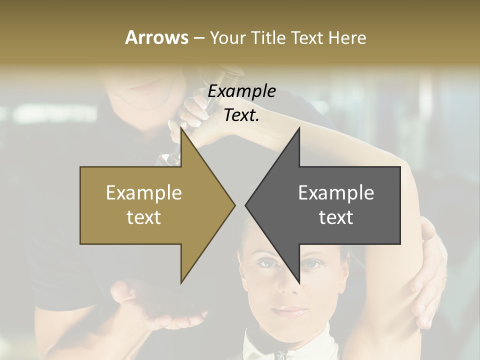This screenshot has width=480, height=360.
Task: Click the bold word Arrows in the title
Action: (x=156, y=37)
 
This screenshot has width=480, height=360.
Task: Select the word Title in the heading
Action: (x=268, y=37)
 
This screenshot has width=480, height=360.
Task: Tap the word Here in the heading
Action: (x=347, y=37)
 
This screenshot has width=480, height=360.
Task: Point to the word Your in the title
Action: (x=228, y=37)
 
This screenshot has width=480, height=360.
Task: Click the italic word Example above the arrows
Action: (x=242, y=91)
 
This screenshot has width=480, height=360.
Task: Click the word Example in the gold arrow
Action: (x=144, y=192)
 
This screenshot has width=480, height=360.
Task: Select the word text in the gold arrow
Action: (x=144, y=217)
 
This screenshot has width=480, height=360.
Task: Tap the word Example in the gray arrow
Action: (x=336, y=192)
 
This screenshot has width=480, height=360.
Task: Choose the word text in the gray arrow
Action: (x=336, y=217)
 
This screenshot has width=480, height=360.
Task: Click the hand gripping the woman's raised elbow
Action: (x=430, y=280)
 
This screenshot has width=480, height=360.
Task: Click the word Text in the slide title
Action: (x=309, y=37)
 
